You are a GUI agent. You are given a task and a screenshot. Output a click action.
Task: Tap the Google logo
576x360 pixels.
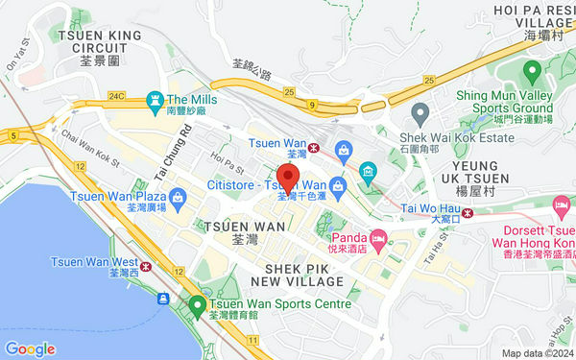click(30, 348)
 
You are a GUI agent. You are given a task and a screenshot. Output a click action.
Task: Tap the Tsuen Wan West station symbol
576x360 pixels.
click(147, 267)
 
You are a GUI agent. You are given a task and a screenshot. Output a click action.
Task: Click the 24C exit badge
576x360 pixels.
click(117, 97)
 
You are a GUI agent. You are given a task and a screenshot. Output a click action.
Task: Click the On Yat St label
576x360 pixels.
click(16, 58)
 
